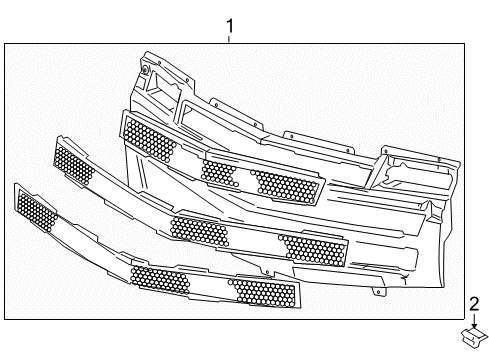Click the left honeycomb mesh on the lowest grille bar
pyautogui.click(x=37, y=211)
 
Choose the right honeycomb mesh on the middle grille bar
pyautogui.click(x=312, y=250)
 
